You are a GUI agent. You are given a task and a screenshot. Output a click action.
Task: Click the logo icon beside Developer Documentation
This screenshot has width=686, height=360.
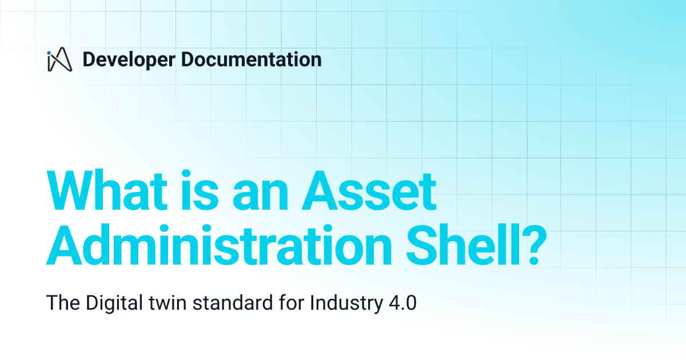[59, 59]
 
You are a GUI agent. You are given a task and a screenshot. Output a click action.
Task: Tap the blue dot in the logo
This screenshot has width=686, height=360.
[50, 53]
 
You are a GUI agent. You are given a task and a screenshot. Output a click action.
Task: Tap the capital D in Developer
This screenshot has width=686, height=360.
[89, 59]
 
